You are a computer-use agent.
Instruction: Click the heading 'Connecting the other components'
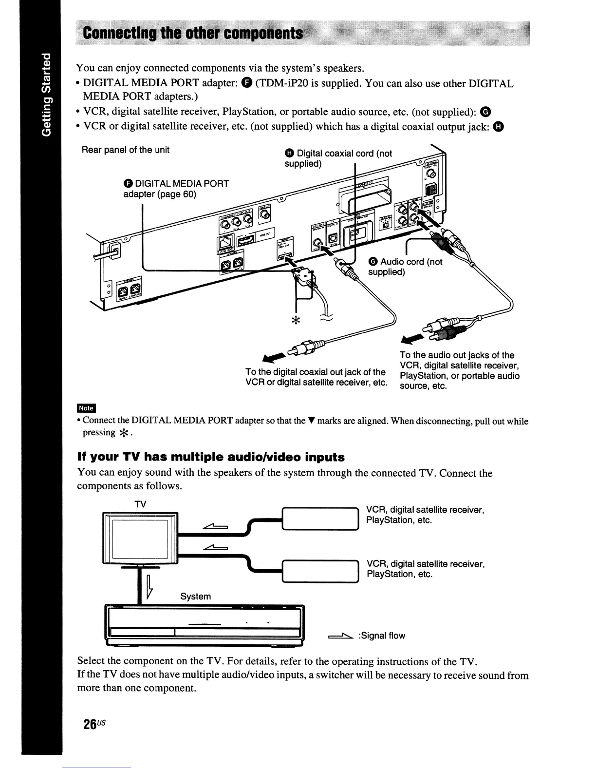click(193, 34)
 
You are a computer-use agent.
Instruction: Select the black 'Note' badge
click(86, 408)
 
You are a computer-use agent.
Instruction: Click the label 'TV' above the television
click(140, 504)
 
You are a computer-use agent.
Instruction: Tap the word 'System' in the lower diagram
click(195, 597)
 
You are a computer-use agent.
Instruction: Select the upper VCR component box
click(320, 519)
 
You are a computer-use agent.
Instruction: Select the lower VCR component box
click(320, 571)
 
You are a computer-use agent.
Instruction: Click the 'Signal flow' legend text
click(381, 636)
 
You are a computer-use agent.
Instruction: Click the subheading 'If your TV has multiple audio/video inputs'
click(211, 457)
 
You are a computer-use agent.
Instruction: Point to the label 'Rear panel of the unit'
click(125, 150)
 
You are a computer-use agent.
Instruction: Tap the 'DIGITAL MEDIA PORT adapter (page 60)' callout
click(175, 189)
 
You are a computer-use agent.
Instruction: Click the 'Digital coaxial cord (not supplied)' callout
click(338, 158)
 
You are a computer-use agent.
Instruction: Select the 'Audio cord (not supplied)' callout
click(405, 267)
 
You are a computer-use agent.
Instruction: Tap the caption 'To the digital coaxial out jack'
click(316, 377)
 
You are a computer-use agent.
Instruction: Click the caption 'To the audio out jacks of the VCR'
click(459, 370)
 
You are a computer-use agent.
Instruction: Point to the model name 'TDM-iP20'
click(283, 83)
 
